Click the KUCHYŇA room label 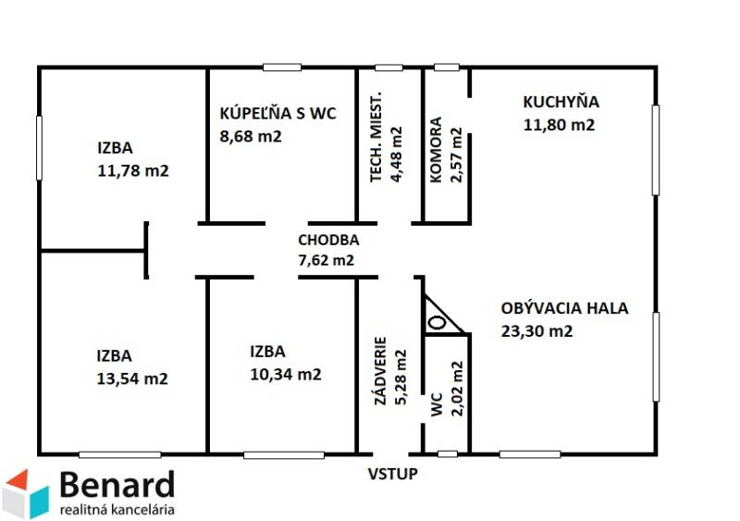(x=561, y=103)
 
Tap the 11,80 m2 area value (x=559, y=125)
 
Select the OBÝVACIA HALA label (x=564, y=308)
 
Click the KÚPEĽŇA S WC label (x=277, y=115)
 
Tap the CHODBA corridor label (x=328, y=240)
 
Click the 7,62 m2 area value (x=326, y=261)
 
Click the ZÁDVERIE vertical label (x=377, y=371)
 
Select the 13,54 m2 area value (x=132, y=378)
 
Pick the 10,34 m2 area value (x=286, y=375)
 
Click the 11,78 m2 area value (x=132, y=170)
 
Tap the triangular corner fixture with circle (x=438, y=318)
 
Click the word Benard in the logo (x=116, y=485)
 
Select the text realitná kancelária (x=116, y=508)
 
